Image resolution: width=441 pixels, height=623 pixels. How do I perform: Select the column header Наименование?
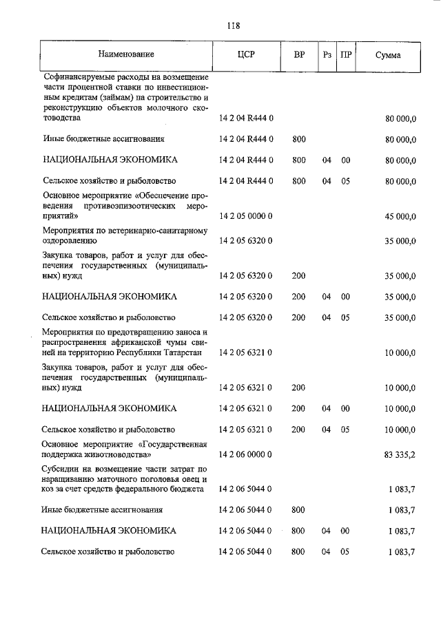coord(125,54)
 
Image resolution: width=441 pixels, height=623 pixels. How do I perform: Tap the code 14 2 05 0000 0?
coord(246,216)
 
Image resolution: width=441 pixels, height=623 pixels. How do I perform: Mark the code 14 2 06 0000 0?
coord(246,454)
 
